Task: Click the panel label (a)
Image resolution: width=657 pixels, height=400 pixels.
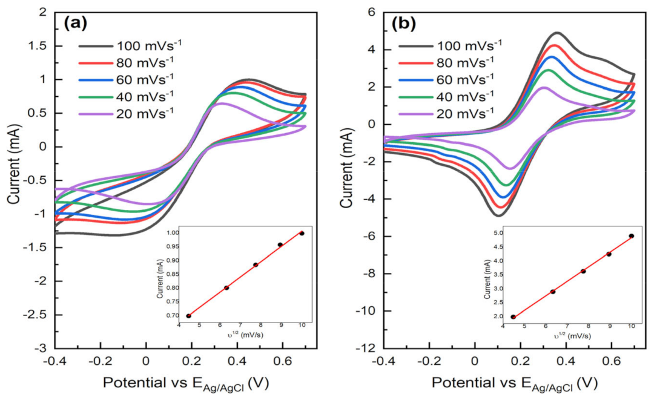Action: pos(76,23)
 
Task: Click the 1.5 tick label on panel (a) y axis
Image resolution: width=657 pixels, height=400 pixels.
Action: pos(42,46)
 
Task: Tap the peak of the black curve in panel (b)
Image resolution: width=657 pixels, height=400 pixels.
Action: pos(556,33)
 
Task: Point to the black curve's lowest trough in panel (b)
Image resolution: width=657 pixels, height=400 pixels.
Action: pos(497,215)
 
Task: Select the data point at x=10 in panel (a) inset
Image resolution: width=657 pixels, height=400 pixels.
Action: pos(302,233)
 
